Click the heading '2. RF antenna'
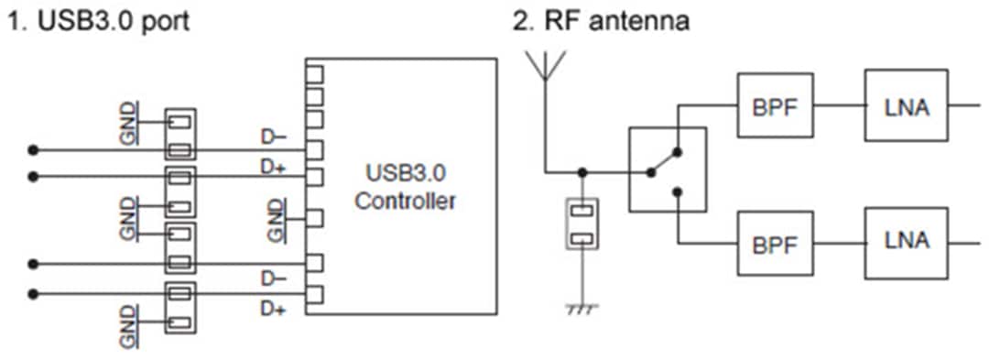coord(600,20)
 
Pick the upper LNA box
coord(907,106)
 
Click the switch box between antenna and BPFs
coord(668,170)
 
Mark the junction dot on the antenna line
coord(581,171)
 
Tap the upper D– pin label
coord(273,138)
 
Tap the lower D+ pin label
coord(273,310)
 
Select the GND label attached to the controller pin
coord(276,220)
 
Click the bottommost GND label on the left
coord(130,326)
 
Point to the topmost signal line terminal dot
coord(34,149)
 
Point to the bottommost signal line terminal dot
coord(34,293)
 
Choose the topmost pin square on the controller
coord(314,72)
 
